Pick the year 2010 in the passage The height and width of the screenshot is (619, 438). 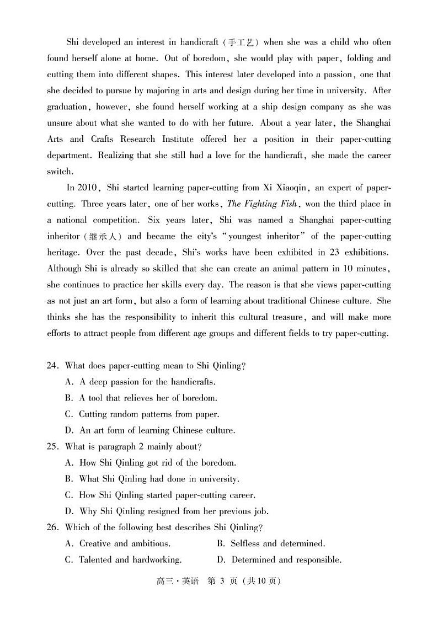pos(88,188)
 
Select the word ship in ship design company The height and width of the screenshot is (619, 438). pos(226,107)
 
